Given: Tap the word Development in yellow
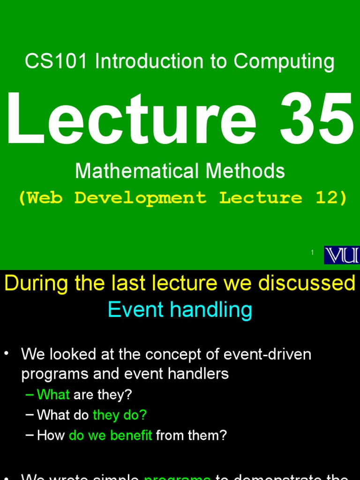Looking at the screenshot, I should click(x=140, y=198).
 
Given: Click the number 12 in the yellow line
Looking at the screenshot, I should click(x=327, y=197).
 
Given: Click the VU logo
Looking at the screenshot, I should click(x=342, y=255).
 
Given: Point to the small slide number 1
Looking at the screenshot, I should click(x=312, y=253).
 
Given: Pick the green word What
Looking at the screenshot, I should click(x=53, y=395).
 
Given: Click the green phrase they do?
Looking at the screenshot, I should click(x=120, y=415).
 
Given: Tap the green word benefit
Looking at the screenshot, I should click(x=131, y=435).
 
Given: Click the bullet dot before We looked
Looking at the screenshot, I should click(x=7, y=354).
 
